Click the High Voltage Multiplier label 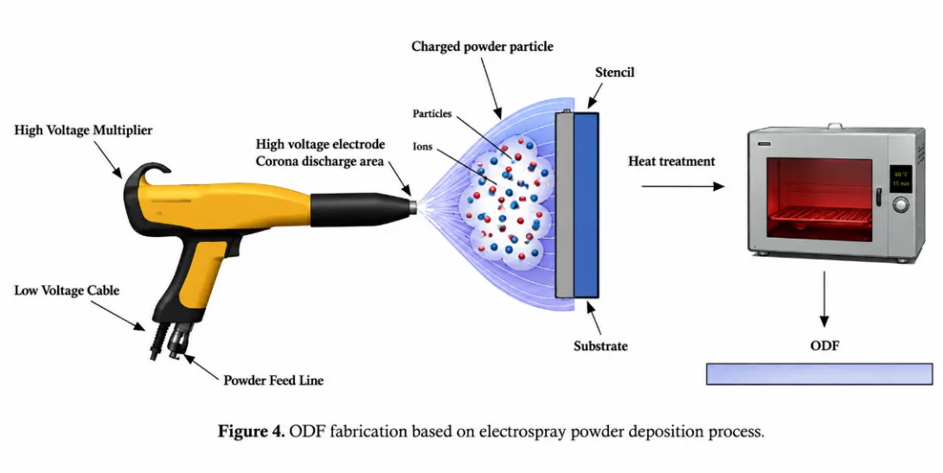83,131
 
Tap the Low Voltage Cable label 67,291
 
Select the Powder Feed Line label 273,380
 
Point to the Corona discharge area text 320,162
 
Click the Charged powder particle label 483,47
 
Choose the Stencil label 614,72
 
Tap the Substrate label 600,346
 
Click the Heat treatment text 671,161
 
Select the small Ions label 422,147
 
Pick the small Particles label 432,113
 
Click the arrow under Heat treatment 683,187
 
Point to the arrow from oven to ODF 824,299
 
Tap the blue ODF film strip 819,374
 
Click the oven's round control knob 901,205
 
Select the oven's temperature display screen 901,178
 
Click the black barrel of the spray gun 360,210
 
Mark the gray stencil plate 564,205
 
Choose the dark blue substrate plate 587,205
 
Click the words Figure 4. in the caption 251,431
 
